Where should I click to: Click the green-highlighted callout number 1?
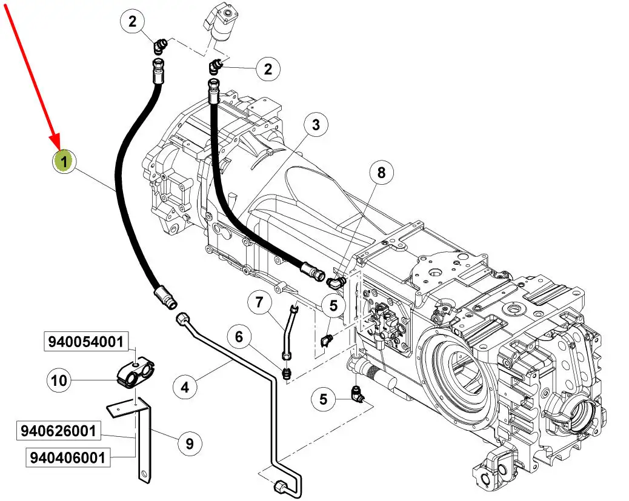(x=64, y=162)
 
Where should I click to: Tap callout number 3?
(x=316, y=125)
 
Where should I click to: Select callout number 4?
(x=185, y=387)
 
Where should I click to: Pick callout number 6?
(x=239, y=337)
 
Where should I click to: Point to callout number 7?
(x=259, y=301)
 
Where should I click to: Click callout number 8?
(x=381, y=173)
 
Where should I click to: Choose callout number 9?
(x=189, y=443)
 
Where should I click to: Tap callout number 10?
(x=59, y=380)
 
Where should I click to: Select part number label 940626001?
(x=59, y=431)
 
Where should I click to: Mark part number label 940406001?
(x=68, y=457)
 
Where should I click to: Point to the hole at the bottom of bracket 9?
(x=145, y=476)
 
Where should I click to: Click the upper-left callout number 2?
(x=132, y=21)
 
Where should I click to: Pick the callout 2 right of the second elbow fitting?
(x=268, y=68)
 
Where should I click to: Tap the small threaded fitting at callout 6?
(x=287, y=373)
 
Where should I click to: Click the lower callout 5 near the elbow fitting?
(x=324, y=399)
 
